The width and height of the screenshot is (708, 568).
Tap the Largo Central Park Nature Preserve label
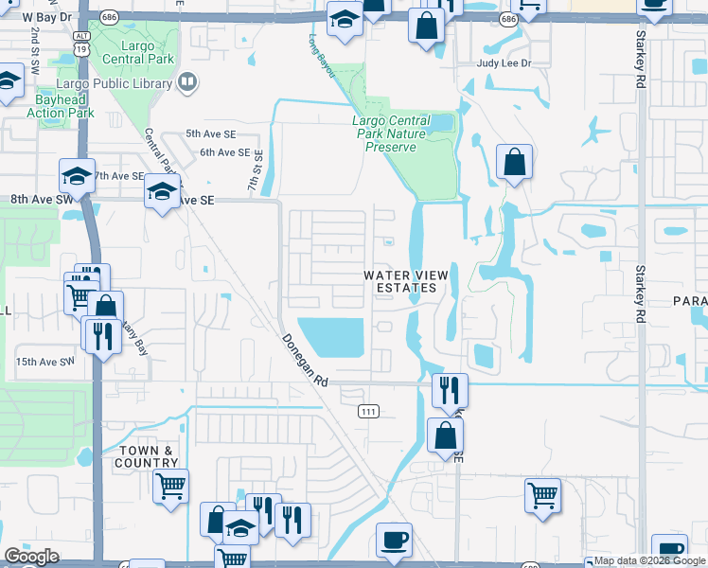point(391,133)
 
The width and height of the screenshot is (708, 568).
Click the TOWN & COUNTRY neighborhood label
point(149,456)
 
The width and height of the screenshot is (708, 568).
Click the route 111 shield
point(369,411)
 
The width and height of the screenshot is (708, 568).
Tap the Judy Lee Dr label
point(505,63)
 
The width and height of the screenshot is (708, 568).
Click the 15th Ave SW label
point(44,362)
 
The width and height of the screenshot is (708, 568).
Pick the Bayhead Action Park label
point(60,105)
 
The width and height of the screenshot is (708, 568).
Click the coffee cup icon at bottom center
point(394,541)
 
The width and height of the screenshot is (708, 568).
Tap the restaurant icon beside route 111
point(449,388)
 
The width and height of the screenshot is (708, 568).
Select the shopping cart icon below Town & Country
point(170,487)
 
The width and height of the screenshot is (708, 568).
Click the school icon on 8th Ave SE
point(163,192)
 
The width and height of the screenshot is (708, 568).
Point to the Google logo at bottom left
point(31,557)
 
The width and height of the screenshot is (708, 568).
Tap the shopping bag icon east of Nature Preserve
point(513,163)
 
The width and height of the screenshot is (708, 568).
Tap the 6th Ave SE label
point(224,152)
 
